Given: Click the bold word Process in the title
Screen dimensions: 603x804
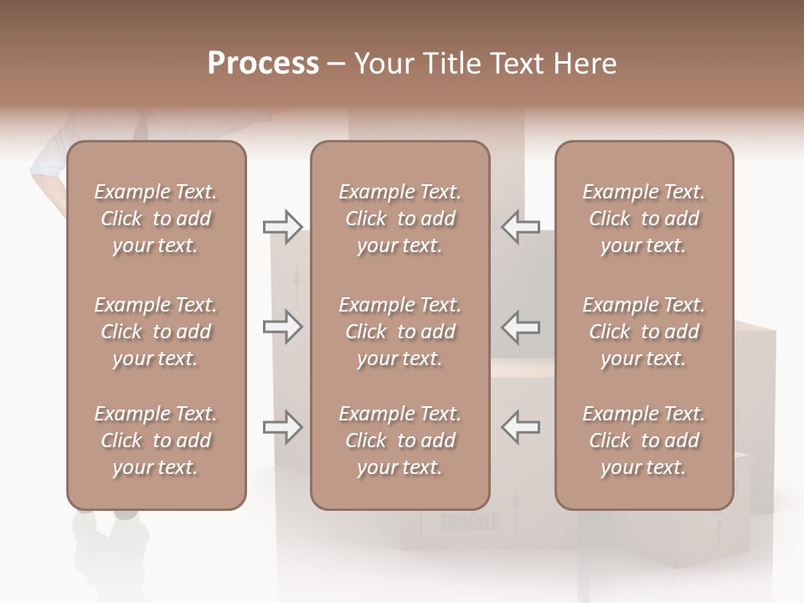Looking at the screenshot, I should click(x=263, y=63).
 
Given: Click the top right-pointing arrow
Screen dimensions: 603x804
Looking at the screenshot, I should click(x=282, y=226).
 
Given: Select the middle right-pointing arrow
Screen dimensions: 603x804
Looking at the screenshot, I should click(x=282, y=327).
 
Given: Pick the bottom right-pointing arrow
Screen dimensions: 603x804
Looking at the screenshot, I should click(x=282, y=427).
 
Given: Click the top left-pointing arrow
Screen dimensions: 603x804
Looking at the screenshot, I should click(x=521, y=226).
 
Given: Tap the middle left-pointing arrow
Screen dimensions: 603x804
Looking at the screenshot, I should click(x=521, y=327).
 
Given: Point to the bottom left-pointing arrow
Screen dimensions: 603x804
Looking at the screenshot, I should click(x=521, y=427).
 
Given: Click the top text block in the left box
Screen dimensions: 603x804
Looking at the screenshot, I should click(x=156, y=219).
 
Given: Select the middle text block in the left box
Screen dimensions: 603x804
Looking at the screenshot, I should click(x=156, y=332).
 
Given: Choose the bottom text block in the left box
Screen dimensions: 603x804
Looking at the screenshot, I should click(x=156, y=441).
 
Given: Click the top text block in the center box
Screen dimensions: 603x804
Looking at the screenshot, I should click(x=399, y=219).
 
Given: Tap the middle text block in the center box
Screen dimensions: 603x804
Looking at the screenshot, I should click(x=399, y=332).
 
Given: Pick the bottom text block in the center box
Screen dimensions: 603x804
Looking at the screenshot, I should click(x=399, y=441).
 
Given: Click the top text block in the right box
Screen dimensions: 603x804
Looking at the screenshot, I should click(x=643, y=219).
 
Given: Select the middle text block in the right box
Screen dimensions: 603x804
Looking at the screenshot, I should click(x=643, y=332).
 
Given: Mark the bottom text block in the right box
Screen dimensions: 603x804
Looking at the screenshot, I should click(x=643, y=441).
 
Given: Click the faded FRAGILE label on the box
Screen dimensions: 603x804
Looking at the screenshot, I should click(x=470, y=523).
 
